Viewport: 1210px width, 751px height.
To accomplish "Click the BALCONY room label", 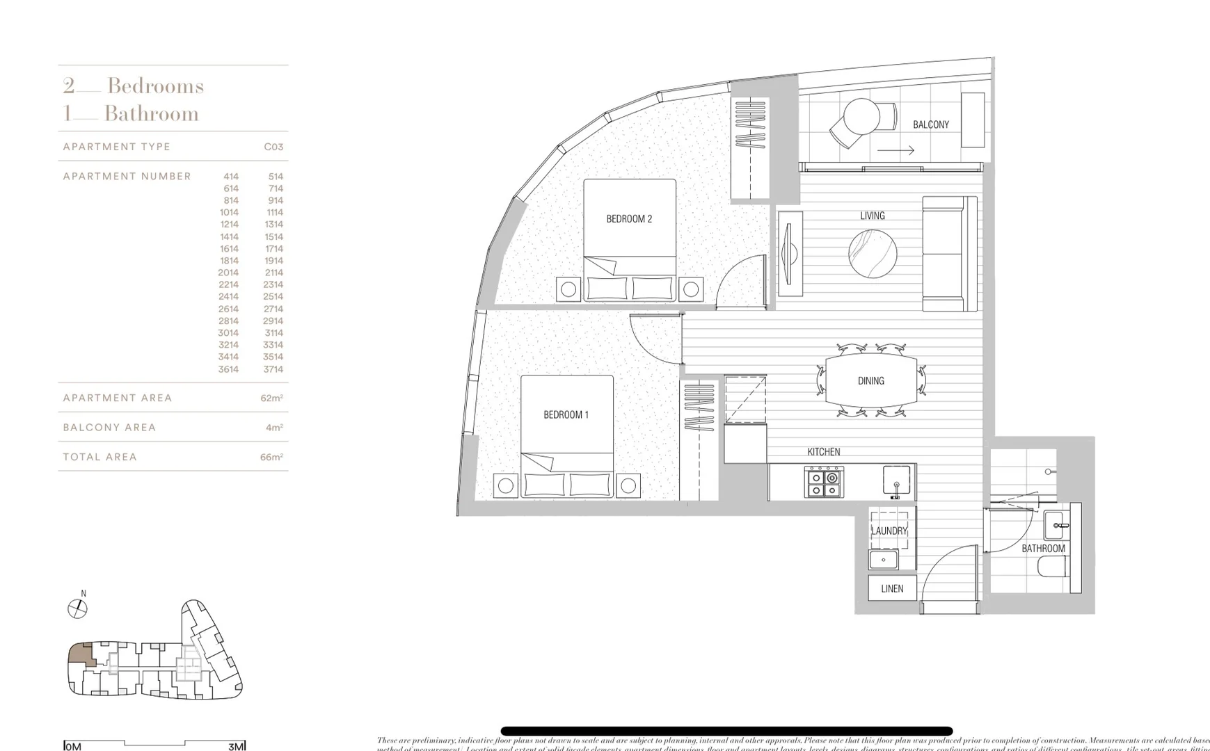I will coord(930,125).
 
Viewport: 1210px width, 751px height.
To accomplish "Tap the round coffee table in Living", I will coord(873,254).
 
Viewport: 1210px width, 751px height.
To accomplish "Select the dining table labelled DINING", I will coord(870,380).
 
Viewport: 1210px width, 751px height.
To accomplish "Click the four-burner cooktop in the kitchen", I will coord(824,482).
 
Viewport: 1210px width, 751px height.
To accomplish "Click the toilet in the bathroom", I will coord(1053,567).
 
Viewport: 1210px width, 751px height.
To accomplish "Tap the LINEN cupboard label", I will coord(892,588).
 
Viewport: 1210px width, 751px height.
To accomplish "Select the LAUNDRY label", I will coord(889,531).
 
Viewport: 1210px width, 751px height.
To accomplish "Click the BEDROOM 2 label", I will coord(629,219).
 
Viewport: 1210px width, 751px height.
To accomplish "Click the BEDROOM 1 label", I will coord(566,415).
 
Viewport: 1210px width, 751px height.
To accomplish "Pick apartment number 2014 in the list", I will coord(228,273).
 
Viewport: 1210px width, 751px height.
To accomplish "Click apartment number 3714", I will coord(273,369).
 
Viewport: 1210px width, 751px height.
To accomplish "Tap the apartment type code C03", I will coord(273,147).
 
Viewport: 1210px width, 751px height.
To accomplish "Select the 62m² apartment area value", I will coord(271,398).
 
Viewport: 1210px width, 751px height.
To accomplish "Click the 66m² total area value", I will coord(271,458).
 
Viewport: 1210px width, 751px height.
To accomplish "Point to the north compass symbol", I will coord(77,609).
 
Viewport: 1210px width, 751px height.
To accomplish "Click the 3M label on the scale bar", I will coord(236,747).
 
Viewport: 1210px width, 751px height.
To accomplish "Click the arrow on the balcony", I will coord(895,150).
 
